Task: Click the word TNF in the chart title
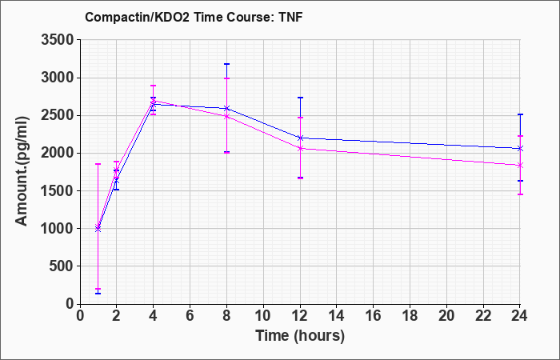pos(290,17)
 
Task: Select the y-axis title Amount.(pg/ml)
pos(22,171)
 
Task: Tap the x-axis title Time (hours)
pos(300,336)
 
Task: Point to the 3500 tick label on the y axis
pos(58,40)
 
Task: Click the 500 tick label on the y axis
pos(62,266)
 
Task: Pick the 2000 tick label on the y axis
pos(58,154)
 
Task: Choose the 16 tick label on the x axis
pos(374,316)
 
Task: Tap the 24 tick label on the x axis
pos(520,316)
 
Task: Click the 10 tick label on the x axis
pos(263,316)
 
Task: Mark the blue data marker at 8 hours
pos(226,108)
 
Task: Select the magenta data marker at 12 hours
pos(300,148)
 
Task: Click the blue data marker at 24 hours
pos(520,148)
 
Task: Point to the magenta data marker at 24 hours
pos(520,166)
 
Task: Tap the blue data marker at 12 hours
pos(300,138)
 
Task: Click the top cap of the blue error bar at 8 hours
pos(226,64)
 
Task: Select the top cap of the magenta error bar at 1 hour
pos(98,164)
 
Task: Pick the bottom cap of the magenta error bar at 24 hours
pos(520,194)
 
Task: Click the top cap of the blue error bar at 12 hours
pos(300,98)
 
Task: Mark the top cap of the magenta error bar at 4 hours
pos(154,86)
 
